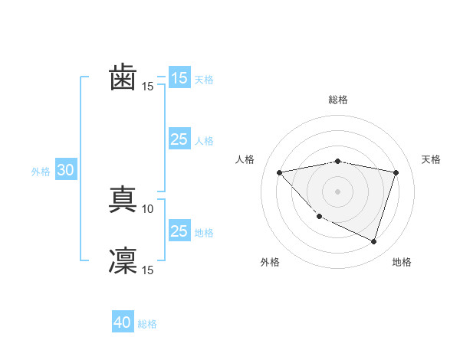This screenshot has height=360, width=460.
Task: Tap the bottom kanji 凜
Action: point(123,260)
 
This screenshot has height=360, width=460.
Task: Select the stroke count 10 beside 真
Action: point(148,208)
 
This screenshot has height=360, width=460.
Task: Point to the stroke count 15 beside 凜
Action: point(148,270)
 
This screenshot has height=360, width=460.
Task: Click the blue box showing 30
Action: point(65,171)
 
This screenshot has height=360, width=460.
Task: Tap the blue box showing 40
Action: point(123,322)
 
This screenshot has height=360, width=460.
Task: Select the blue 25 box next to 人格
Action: point(179,139)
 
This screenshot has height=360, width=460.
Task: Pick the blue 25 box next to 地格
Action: point(179,231)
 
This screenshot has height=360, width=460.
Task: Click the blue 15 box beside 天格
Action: point(179,78)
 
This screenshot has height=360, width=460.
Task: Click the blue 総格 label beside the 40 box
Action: point(147,324)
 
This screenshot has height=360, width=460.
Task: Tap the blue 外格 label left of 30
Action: point(41,172)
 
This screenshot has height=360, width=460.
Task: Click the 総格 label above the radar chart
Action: point(338,100)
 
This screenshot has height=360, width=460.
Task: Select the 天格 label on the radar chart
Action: point(432,159)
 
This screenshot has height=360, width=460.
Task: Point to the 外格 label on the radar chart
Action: point(270,262)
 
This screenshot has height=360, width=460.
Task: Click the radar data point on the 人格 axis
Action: point(280,172)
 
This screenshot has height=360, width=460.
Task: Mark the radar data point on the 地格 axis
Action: point(374,242)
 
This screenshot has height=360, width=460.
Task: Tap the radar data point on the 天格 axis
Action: point(396,172)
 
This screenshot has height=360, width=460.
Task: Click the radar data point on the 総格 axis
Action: point(338,161)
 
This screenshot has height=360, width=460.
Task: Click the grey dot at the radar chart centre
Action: point(338,191)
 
